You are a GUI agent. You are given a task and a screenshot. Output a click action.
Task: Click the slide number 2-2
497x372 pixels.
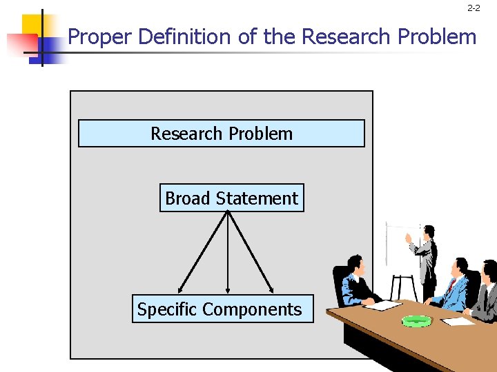point(474,8)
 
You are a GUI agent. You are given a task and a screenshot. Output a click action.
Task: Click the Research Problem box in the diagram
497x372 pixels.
point(221,134)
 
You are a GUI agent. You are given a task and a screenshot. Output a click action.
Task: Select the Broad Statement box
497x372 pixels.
point(231,198)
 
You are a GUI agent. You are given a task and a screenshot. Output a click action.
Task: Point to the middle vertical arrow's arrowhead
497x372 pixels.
point(228,290)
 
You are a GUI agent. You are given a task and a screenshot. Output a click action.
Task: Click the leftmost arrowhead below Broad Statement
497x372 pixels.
point(180,289)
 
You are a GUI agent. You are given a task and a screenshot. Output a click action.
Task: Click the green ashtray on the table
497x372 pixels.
point(416,320)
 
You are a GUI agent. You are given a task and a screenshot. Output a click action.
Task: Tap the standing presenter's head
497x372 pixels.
point(429,231)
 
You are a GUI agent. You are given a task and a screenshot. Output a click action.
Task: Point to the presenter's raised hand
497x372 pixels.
point(408,236)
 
